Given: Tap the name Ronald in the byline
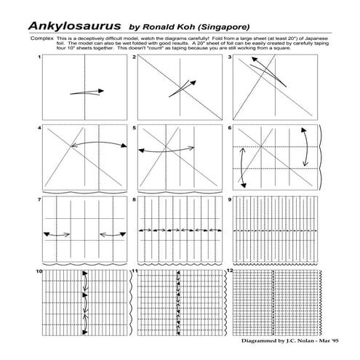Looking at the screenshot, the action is [x=163, y=24].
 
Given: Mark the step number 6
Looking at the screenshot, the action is [x=230, y=127].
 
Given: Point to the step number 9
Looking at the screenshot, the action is [x=230, y=199].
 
